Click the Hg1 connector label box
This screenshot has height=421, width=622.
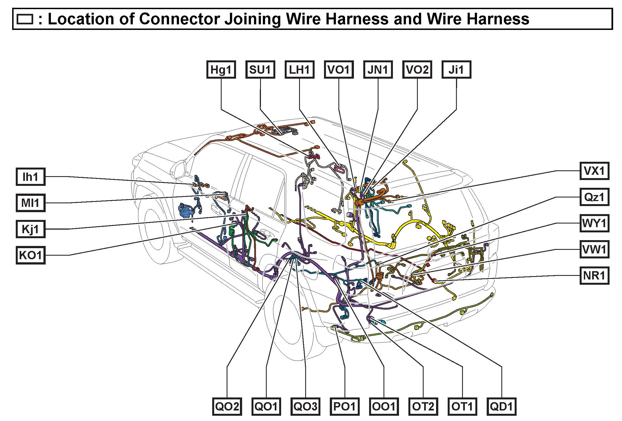point(221,70)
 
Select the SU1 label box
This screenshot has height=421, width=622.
point(260,70)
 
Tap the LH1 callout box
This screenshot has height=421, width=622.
point(299,70)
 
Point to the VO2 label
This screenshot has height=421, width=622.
point(417,70)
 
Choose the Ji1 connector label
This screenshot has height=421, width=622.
point(456,70)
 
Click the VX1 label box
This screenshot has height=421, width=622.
point(594,171)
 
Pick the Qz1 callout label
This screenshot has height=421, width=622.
point(594,197)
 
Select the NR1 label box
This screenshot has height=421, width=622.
point(594,276)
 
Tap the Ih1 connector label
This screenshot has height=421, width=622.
point(30,177)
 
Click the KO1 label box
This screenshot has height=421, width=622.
point(30,255)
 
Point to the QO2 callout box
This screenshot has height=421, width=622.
point(227,406)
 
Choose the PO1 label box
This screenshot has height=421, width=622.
point(344,406)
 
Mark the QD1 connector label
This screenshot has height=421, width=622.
point(501,406)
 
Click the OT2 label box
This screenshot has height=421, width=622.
point(423,406)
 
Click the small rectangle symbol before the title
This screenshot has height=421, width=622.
point(25,19)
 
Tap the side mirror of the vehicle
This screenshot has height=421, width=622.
point(179,169)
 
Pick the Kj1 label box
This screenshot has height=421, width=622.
point(30,229)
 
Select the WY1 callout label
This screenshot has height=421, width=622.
point(594,223)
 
